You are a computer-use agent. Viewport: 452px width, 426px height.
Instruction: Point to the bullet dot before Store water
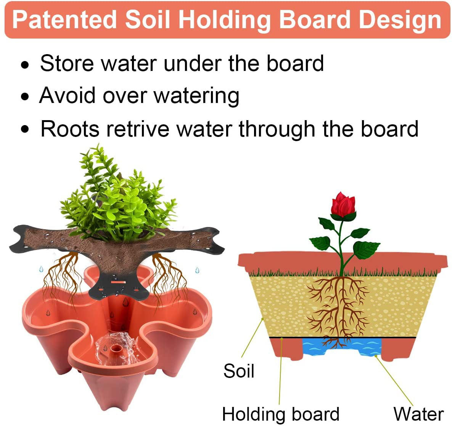point(25,65)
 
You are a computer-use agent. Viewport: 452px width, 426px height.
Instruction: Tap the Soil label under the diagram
point(239,371)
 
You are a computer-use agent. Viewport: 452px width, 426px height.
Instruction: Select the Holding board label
point(280,414)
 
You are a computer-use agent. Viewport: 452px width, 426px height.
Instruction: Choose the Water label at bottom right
point(418,414)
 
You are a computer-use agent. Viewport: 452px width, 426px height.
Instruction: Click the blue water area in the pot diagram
point(341,347)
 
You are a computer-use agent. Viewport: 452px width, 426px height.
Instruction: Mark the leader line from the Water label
point(395,379)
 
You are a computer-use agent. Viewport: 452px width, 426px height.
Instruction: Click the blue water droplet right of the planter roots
point(197,270)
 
